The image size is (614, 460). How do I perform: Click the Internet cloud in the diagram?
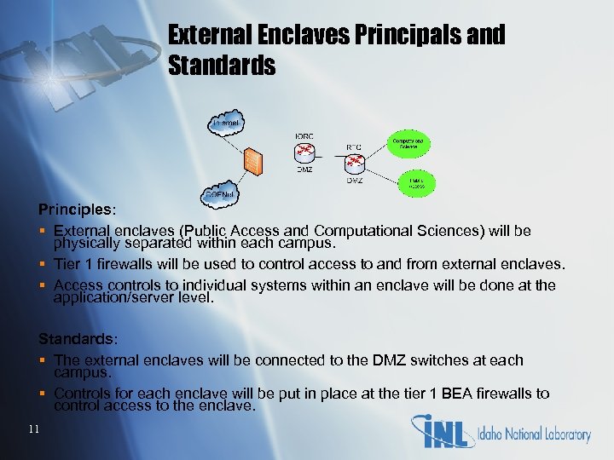tap(228, 125)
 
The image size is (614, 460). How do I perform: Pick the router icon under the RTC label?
tap(354, 163)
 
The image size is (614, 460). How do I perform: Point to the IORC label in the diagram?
tap(304, 135)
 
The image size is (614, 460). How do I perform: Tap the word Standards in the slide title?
tap(222, 66)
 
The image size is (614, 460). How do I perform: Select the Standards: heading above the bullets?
tap(75, 339)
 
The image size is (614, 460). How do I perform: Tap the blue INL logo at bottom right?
tap(443, 432)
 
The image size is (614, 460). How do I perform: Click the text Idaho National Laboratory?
tap(536, 434)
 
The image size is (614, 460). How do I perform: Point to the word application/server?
tap(113, 298)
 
